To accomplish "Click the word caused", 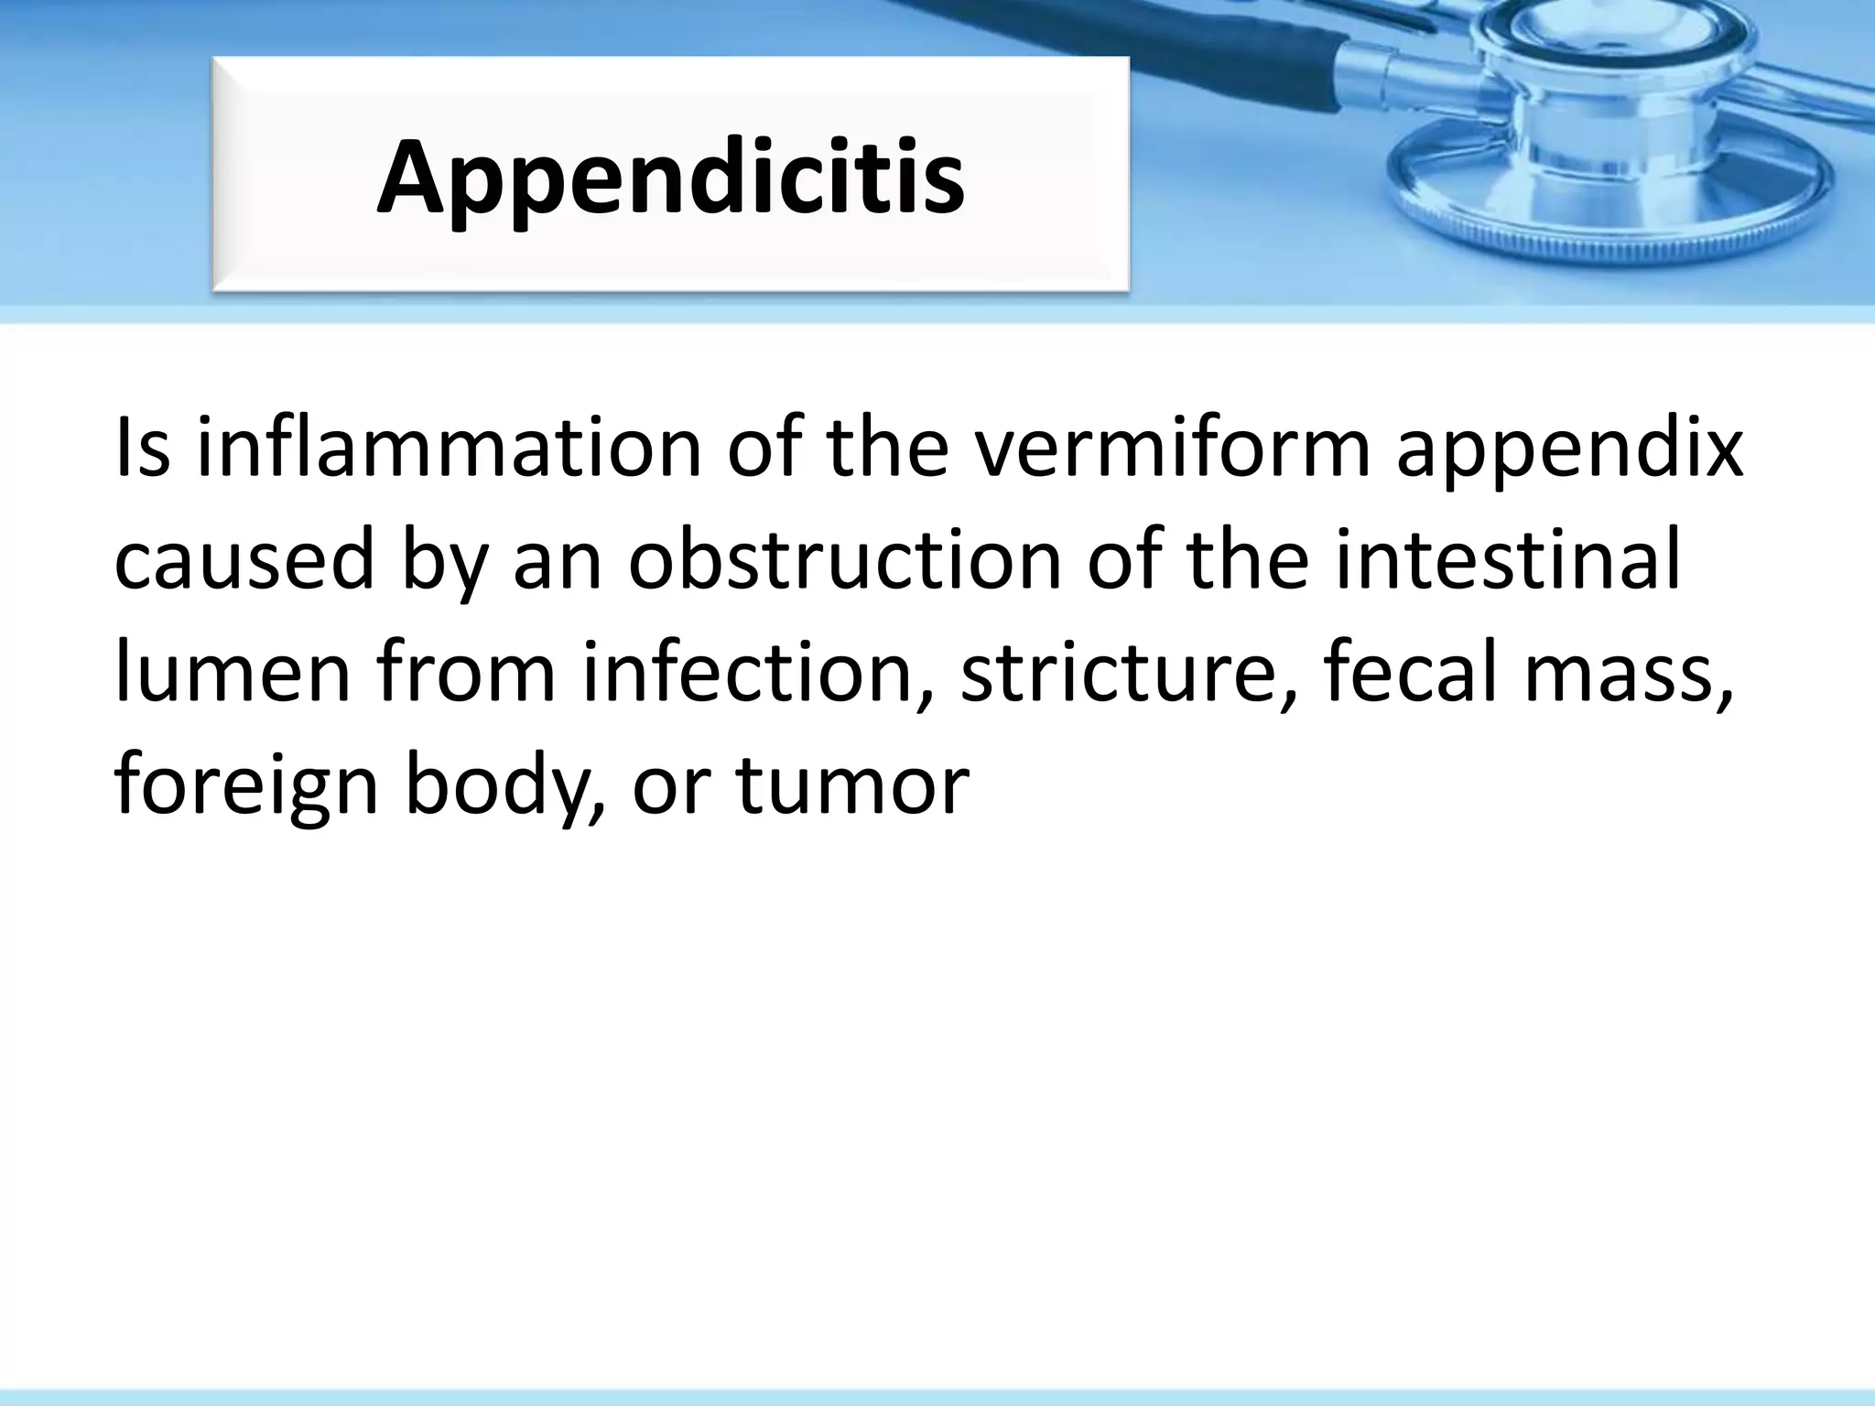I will (x=244, y=559).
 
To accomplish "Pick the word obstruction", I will (x=843, y=559).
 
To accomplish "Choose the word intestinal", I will (x=1506, y=559).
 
